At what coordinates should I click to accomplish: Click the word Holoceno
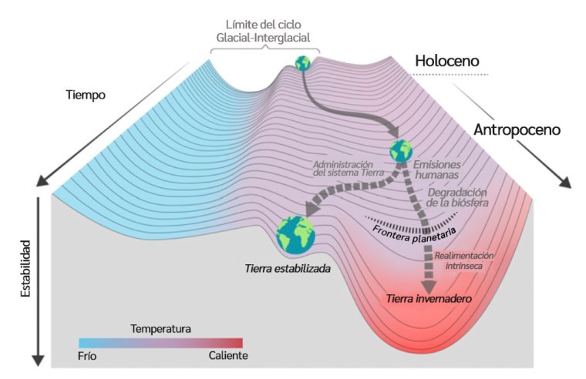point(447,61)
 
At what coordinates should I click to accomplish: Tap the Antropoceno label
point(517,130)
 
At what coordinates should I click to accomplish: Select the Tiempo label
point(86,95)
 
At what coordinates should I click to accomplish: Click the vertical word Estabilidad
point(25,269)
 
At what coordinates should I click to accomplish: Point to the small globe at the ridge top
point(303,63)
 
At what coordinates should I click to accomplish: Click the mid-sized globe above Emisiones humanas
point(401,151)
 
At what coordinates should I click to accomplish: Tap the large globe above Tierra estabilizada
point(295,235)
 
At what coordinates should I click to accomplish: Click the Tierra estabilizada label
point(288,269)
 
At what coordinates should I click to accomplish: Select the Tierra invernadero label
point(429,299)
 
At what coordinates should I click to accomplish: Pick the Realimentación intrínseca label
point(464,260)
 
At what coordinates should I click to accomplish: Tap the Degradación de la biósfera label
point(457,197)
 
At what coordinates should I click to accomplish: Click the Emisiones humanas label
point(437,169)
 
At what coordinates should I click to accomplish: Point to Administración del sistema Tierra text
point(349,169)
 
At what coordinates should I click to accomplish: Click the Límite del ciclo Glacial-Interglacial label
point(264,31)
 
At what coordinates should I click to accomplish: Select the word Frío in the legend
point(87,356)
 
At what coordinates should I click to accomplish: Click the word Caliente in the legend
point(228,355)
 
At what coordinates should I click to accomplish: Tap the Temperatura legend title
point(160,329)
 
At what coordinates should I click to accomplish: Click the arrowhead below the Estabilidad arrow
point(38,361)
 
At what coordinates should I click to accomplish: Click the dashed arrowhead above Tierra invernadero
point(429,287)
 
